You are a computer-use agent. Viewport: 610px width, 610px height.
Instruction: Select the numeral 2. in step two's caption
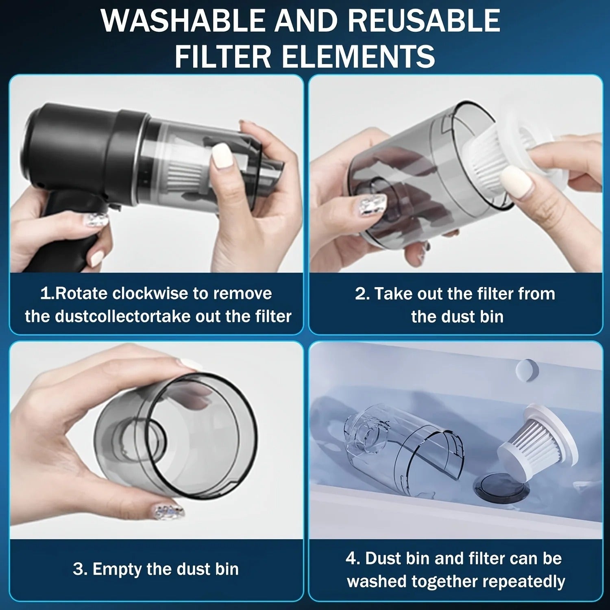[362, 294]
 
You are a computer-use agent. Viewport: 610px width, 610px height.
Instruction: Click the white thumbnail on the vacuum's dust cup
[222, 155]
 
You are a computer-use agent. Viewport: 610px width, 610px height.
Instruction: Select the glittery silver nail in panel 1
[96, 220]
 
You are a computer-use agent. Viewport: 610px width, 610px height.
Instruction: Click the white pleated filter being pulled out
[488, 163]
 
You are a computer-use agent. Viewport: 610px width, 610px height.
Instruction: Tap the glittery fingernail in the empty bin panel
[169, 511]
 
